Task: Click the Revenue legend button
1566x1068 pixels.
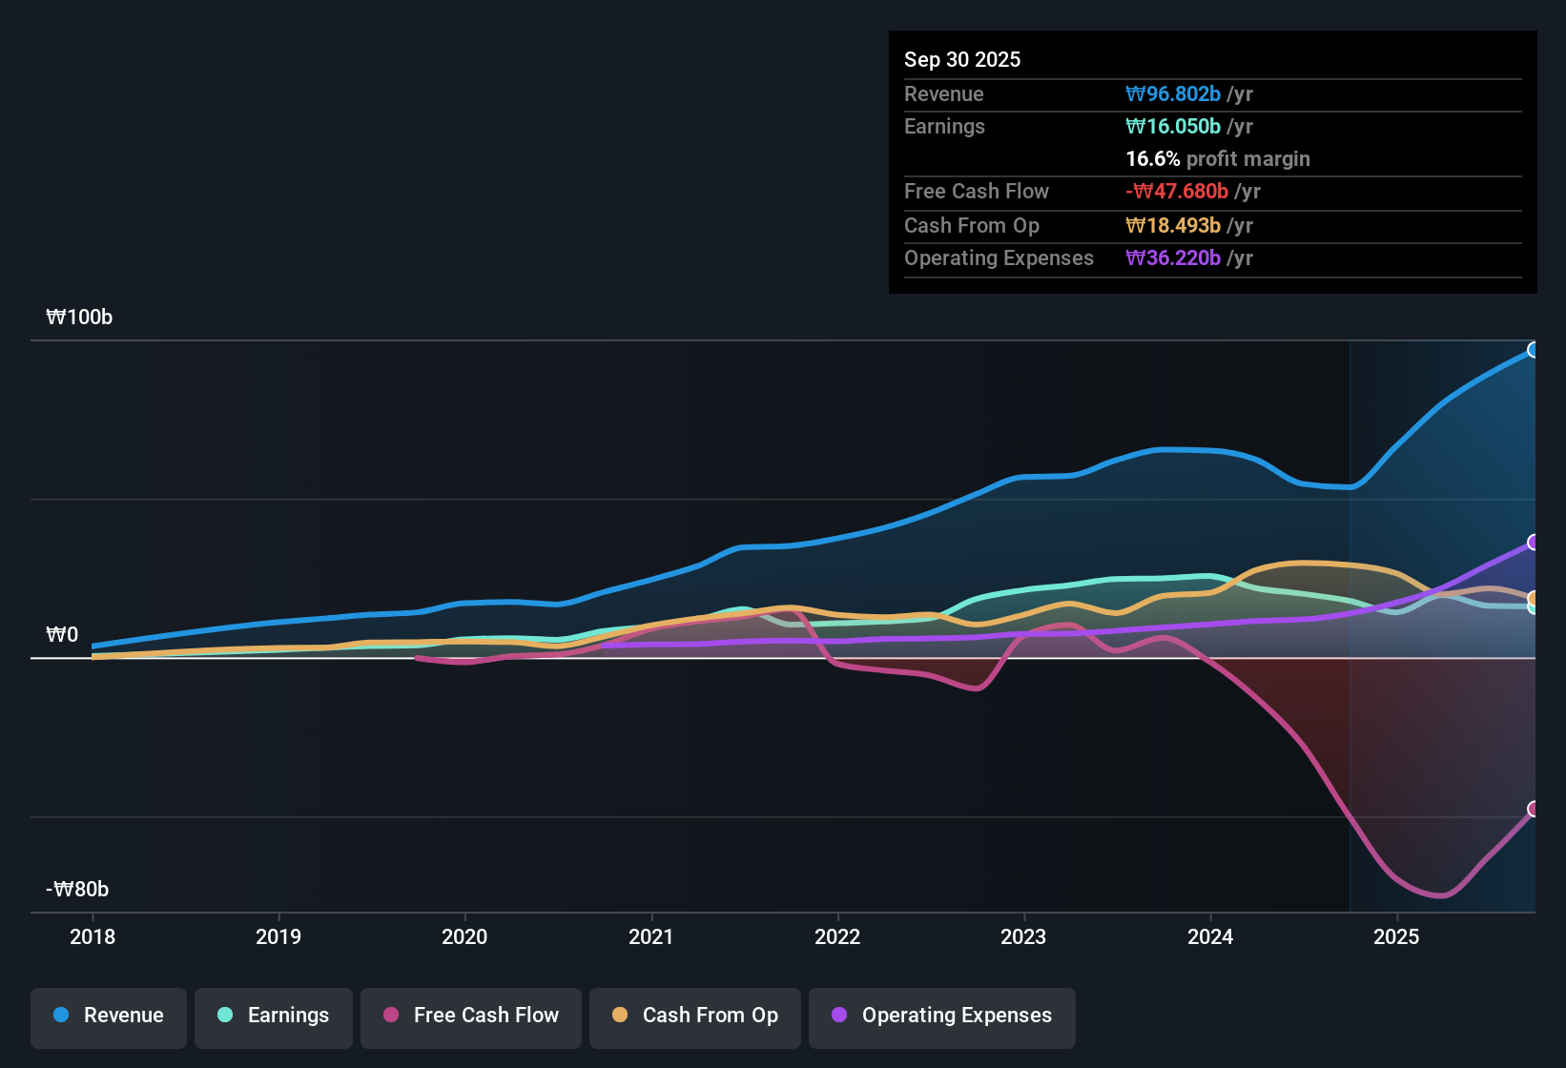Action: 109,1016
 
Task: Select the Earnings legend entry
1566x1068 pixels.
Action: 274,1016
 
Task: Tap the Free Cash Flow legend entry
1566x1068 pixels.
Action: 471,1016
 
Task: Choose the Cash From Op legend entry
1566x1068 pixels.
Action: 695,1016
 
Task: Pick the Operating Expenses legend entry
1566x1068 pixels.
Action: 942,1016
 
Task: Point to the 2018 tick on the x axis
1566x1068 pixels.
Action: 93,936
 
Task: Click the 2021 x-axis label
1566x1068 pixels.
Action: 651,936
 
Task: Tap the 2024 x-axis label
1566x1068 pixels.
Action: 1210,936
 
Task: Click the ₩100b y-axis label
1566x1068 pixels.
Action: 79,318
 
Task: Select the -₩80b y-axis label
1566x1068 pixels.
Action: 77,890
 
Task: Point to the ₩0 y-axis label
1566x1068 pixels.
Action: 62,635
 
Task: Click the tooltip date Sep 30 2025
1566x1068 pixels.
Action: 962,59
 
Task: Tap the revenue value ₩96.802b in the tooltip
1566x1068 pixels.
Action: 1173,94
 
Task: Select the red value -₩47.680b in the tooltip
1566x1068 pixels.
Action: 1177,192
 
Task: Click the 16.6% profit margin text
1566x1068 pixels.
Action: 1218,159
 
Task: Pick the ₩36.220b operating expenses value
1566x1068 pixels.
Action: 1173,258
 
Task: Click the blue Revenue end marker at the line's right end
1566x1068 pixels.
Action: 1533,350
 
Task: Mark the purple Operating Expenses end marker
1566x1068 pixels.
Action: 1533,543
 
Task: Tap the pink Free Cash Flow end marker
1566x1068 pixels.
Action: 1533,809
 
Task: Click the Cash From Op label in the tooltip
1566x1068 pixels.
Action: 972,226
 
